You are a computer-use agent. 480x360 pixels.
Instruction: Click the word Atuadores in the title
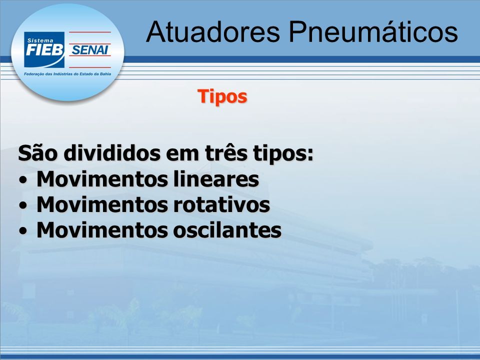[x=213, y=32]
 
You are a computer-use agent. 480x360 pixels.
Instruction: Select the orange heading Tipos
[x=222, y=96]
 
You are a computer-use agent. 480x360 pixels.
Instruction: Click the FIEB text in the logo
[x=44, y=50]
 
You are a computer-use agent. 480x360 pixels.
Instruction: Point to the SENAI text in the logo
[x=90, y=49]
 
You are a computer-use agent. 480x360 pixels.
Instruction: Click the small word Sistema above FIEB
[x=40, y=40]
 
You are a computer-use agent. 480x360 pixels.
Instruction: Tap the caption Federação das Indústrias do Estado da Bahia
[x=67, y=74]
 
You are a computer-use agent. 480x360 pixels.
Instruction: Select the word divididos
[x=112, y=153]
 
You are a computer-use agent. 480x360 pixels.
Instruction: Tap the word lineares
[x=216, y=179]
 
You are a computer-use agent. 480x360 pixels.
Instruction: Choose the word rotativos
[x=221, y=204]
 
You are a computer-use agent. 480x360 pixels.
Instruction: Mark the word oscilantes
[x=227, y=229]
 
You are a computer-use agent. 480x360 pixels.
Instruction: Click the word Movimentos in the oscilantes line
[x=102, y=229]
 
